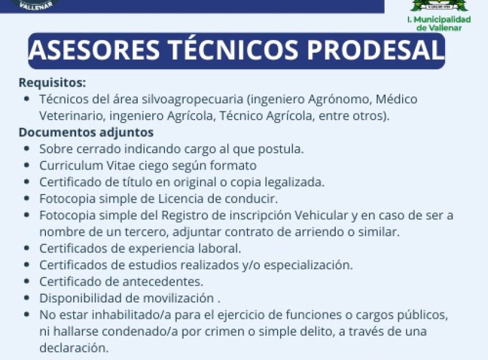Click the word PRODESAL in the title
tap(375, 50)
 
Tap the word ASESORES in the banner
tap(95, 50)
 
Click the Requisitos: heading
tap(52, 83)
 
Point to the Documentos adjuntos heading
tap(86, 132)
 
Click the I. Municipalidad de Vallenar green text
tap(439, 23)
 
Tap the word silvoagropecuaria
tap(193, 99)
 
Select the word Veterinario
tap(73, 116)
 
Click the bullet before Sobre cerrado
tap(27, 149)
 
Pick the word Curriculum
tap(71, 165)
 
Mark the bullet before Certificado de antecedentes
tap(27, 281)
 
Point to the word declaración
tap(74, 348)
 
